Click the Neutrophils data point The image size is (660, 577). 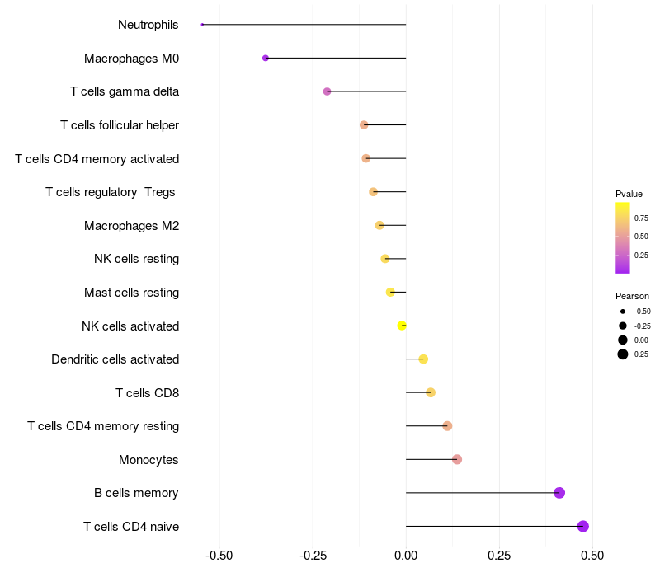coord(202,25)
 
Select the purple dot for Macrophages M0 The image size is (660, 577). coord(266,58)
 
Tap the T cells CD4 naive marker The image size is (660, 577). coord(583,526)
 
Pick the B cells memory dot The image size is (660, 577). coord(559,493)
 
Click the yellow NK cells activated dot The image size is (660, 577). coord(402,326)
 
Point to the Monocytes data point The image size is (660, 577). coord(457,459)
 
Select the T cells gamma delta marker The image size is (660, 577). coord(327,91)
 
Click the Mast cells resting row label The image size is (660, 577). coord(131,293)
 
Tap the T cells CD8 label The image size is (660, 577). coord(147,392)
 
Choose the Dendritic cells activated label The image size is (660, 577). coord(115,359)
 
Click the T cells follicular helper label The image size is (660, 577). coord(120,125)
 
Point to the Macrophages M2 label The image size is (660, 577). coord(131,225)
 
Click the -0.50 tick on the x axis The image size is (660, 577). coord(219,556)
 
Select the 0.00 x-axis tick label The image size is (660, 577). coord(406,556)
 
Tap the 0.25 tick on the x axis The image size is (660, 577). coord(499,556)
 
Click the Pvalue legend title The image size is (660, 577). coord(629,194)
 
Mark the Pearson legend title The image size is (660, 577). coord(632,296)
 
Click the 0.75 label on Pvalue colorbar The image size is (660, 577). coord(641,218)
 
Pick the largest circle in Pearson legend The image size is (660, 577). coord(623,354)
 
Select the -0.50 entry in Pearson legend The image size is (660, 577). coord(642,312)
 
